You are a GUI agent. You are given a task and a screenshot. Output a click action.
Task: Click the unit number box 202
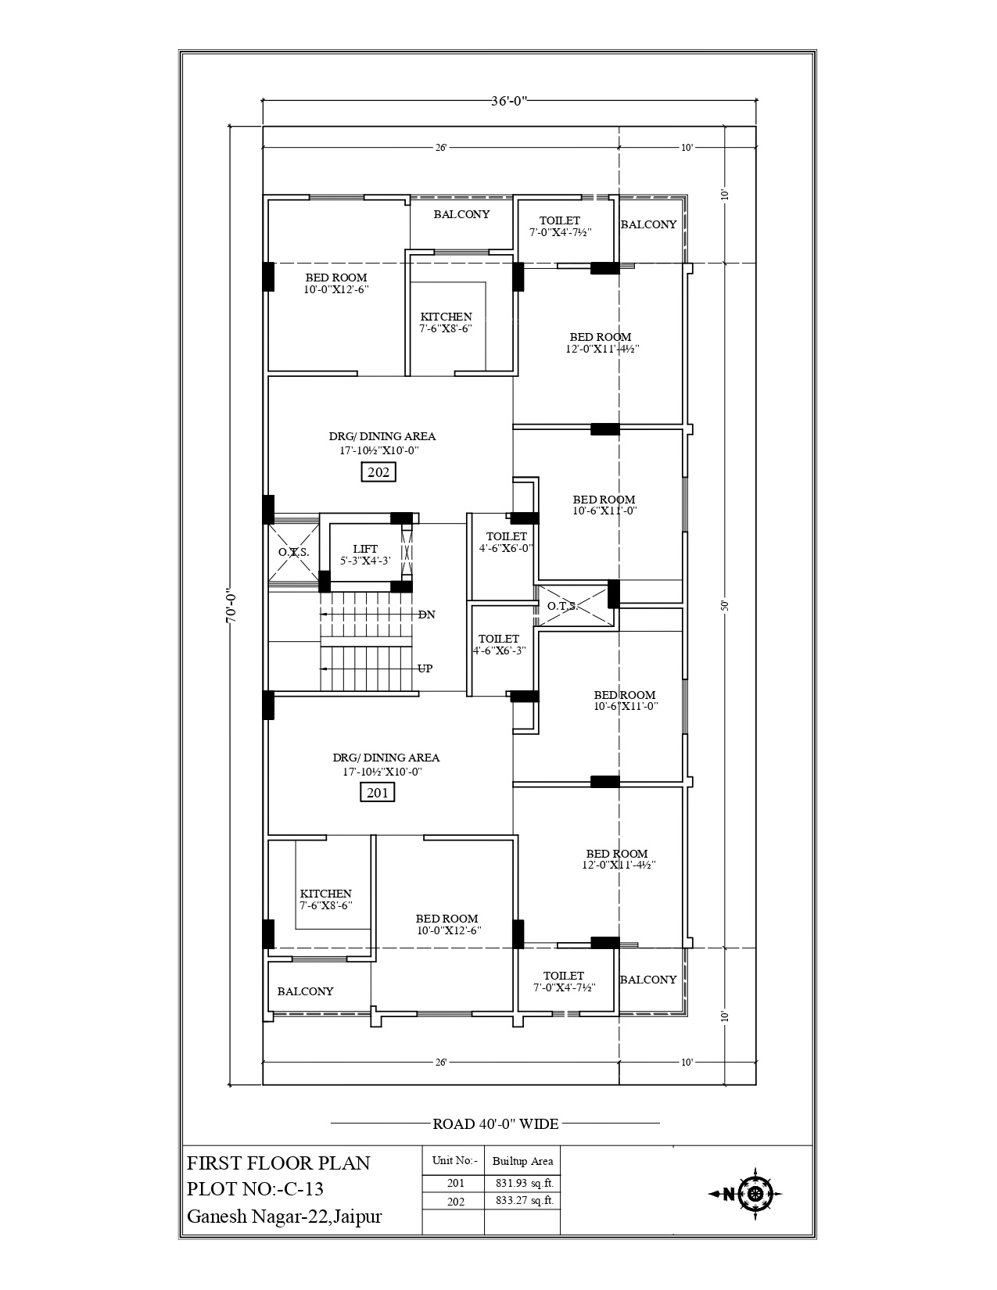coord(378,472)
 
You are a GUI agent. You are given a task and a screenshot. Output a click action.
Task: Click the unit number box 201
coord(378,793)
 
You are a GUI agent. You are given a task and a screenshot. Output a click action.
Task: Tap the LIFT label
coord(364,549)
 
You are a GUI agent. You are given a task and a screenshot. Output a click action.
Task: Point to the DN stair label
coord(426,615)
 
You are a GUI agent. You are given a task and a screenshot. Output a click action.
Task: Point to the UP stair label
coord(425,668)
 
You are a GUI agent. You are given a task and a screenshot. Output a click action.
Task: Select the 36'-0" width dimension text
coord(510,100)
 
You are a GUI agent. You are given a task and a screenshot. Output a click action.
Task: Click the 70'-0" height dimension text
coord(230,606)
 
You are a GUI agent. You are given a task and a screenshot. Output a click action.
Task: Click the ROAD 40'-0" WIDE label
coord(496,1124)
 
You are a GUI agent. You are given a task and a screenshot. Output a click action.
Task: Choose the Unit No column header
coord(454,1161)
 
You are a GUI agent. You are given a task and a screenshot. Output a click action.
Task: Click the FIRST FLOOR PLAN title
coord(278,1163)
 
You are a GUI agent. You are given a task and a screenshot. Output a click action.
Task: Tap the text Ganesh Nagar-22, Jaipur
coord(285,1217)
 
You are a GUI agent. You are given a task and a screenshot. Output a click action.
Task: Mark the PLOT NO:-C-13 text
coord(255,1189)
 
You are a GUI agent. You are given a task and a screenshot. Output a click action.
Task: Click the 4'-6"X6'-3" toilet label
coord(499,644)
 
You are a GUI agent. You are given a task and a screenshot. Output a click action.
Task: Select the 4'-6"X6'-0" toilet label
coord(506,542)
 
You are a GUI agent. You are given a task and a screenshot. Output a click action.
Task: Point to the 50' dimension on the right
coord(725,605)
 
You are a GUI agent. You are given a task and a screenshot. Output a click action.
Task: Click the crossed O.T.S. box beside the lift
coord(294,553)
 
